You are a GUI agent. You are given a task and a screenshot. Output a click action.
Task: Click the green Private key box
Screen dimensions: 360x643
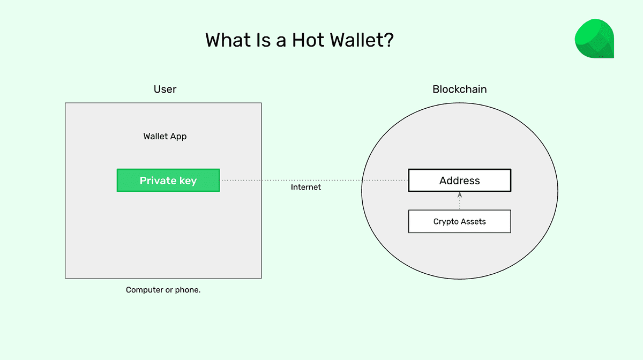pos(168,181)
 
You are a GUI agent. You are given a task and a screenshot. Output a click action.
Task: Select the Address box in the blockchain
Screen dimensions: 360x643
pos(459,181)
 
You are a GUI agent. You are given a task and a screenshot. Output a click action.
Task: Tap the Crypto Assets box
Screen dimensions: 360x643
pos(459,221)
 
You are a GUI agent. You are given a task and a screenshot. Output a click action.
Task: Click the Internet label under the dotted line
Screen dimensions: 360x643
pos(306,187)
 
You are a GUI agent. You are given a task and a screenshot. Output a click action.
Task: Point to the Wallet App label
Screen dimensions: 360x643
pos(165,136)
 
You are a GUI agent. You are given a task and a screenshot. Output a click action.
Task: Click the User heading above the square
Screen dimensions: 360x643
pos(165,89)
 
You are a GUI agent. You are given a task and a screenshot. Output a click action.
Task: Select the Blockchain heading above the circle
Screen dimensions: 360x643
pos(459,89)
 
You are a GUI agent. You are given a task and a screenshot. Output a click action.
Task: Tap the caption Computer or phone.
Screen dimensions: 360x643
pos(163,290)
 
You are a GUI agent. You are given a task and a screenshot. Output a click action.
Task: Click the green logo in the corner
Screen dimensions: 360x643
pos(594,39)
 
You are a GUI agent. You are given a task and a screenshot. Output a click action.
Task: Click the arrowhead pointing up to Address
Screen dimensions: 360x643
pos(460,195)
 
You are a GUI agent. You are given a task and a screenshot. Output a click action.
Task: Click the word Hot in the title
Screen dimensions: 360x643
pos(310,41)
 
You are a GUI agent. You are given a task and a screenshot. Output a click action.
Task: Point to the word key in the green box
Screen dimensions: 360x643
pos(188,181)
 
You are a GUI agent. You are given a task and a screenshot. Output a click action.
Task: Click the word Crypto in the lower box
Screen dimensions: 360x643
pos(446,222)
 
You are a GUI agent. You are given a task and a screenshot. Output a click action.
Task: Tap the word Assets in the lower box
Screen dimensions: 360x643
pos(474,222)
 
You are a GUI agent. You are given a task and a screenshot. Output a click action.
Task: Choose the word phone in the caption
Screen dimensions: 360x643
pos(188,290)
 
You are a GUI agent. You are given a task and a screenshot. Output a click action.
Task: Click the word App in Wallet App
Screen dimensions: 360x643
pos(178,137)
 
